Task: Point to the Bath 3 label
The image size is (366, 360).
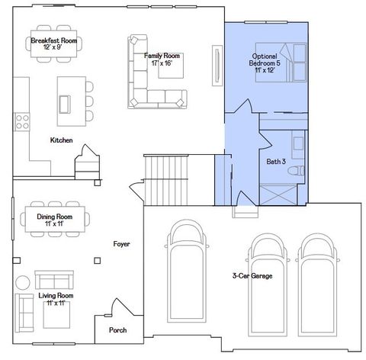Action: tap(276, 161)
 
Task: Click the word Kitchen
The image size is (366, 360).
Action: tap(61, 140)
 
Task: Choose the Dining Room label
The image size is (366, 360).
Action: tap(54, 220)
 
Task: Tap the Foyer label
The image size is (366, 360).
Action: tap(121, 244)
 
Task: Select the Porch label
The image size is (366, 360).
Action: tap(117, 330)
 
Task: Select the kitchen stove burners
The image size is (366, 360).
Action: tap(21, 121)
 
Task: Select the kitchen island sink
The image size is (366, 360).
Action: tap(65, 99)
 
